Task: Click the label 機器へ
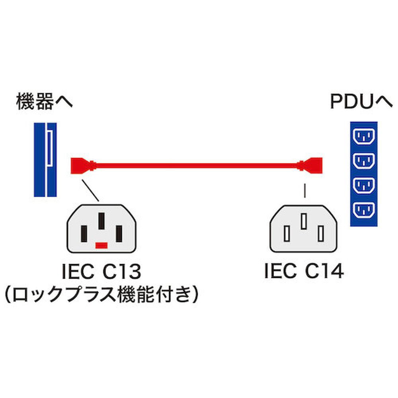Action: pyautogui.click(x=45, y=102)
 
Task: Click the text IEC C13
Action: pyautogui.click(x=101, y=272)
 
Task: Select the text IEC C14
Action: pyautogui.click(x=304, y=272)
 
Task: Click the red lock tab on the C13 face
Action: pyautogui.click(x=101, y=244)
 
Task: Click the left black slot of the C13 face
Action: pyautogui.click(x=84, y=234)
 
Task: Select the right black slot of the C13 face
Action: pyautogui.click(x=119, y=234)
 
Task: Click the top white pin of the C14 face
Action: pyautogui.click(x=304, y=222)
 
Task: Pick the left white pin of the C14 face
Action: pyautogui.click(x=287, y=234)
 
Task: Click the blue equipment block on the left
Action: pyautogui.click(x=45, y=159)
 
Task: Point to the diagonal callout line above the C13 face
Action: pyautogui.click(x=90, y=190)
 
